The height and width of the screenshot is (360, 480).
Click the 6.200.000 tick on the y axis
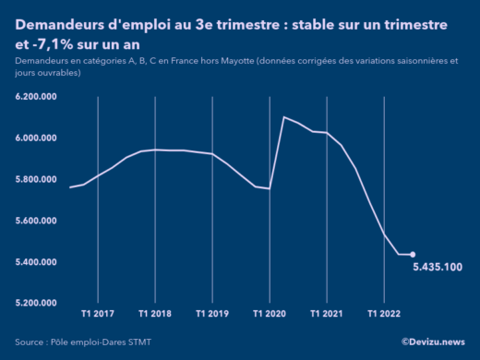[x=38, y=97]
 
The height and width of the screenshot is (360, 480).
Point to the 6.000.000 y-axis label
[x=38, y=138]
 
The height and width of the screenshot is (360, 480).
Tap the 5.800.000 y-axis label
[x=38, y=179]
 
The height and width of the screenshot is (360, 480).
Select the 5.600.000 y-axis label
[x=38, y=221]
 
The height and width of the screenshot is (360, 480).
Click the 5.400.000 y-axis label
[x=38, y=262]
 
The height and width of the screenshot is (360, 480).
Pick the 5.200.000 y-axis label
[x=38, y=303]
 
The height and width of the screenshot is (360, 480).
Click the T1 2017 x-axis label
[x=98, y=314]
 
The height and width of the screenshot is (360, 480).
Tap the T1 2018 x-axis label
[x=155, y=314]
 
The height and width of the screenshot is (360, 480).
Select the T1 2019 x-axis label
[x=212, y=314]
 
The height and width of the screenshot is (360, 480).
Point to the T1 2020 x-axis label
[x=270, y=314]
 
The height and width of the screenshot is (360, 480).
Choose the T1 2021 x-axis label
[x=327, y=314]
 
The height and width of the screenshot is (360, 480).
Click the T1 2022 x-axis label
[x=384, y=314]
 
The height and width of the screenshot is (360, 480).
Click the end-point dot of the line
[x=413, y=255]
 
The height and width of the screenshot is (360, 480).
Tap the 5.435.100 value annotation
[x=438, y=268]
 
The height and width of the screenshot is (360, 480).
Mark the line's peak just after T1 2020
[x=283, y=117]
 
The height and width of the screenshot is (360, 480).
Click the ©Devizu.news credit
[x=433, y=342]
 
